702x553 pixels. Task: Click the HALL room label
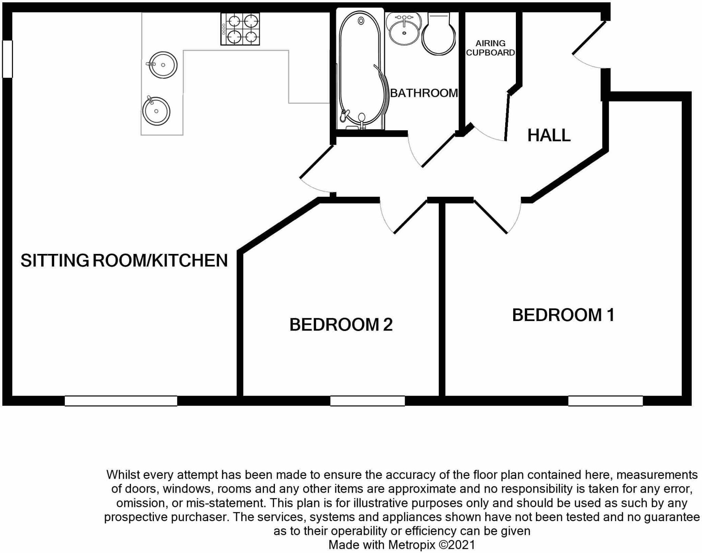[x=548, y=135]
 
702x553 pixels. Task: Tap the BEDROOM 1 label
[x=563, y=315]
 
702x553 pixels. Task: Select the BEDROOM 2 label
[x=341, y=324]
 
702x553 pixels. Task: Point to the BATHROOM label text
[x=424, y=93]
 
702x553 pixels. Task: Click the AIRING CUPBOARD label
[x=490, y=48]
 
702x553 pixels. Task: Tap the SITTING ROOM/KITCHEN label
[x=124, y=260]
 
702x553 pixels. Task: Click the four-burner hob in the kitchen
[x=240, y=29]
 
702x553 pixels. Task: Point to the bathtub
[x=360, y=69]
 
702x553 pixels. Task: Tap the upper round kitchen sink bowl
[x=163, y=65]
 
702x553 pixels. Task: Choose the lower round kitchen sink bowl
[x=156, y=111]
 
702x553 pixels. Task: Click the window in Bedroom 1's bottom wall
[x=605, y=401]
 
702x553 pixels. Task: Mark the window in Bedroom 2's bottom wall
[x=367, y=401]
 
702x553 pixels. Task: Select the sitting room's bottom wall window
[x=121, y=401]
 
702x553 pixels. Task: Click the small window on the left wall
[x=8, y=59]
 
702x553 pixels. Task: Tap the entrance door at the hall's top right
[x=589, y=38]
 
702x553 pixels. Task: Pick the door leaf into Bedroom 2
[x=411, y=217]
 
